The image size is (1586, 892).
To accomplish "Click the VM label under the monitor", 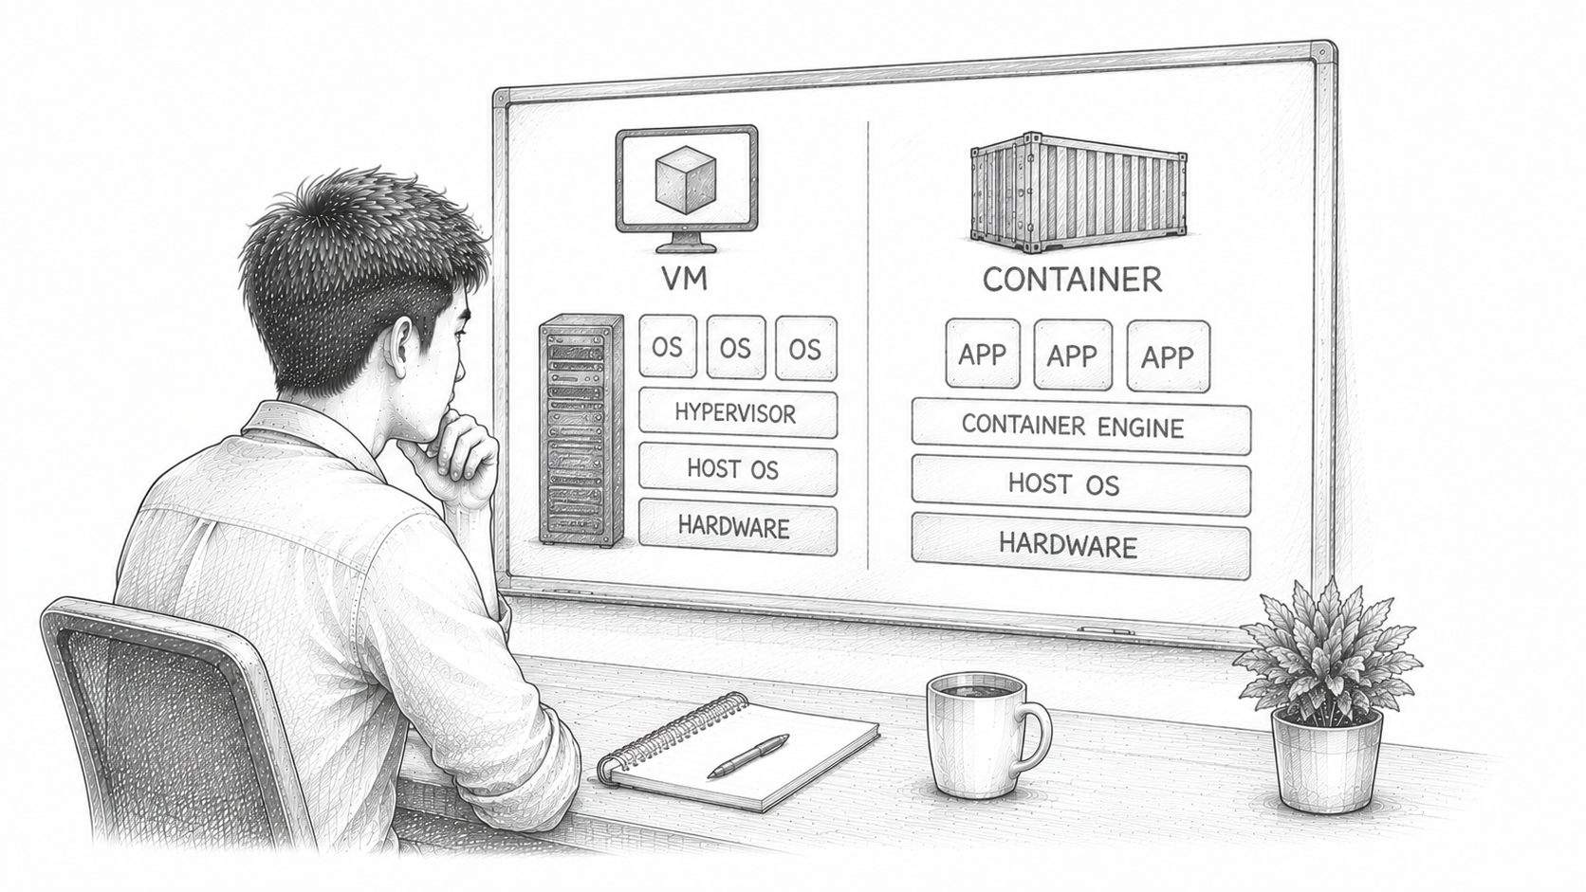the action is coord(685,279).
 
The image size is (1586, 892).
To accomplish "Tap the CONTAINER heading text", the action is coord(1072,280).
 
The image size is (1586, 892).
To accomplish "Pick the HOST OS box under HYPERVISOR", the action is coord(738,469).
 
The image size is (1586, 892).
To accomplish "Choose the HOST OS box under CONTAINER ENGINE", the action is coord(1080,484).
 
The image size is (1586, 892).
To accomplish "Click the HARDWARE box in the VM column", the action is coord(738,528).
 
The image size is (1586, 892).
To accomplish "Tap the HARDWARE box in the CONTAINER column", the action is coord(1080,546).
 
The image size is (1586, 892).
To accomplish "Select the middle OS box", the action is coord(736,347).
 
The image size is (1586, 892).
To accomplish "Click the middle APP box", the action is coord(1073,355).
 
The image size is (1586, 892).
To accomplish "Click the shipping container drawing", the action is coord(1079,191).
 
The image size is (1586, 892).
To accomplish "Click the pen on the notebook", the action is coord(748,755).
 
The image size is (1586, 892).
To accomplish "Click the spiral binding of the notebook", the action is coord(669,736).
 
